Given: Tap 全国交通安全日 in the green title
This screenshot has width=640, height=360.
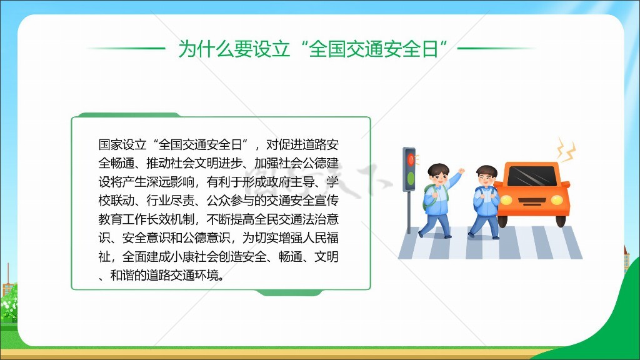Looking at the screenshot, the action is (x=373, y=49).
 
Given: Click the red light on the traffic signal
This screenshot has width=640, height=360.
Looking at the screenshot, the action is (x=411, y=159).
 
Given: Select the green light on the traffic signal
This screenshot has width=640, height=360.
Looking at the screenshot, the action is (x=411, y=178).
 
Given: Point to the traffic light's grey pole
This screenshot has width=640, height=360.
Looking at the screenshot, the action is (x=409, y=212).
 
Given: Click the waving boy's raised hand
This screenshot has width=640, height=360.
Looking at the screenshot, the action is (x=461, y=171).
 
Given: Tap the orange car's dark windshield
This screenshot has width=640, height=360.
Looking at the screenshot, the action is (x=532, y=176).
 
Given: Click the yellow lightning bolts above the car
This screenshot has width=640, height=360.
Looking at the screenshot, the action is (x=567, y=150).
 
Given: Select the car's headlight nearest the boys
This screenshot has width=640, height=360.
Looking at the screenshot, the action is (x=506, y=200).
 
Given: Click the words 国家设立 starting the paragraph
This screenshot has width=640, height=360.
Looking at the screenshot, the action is (x=122, y=144).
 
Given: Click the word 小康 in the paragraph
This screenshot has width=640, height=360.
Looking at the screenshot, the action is (x=182, y=257).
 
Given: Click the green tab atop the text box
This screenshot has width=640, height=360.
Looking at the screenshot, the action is (x=129, y=115).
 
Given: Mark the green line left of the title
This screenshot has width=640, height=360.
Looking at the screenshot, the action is (x=126, y=48).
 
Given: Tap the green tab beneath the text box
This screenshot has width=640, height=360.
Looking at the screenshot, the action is (x=289, y=292).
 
